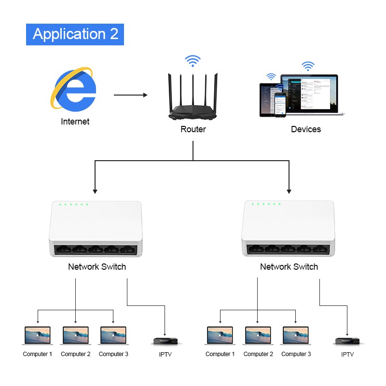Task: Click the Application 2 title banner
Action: coord(75,34)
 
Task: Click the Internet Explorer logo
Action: coord(74,88)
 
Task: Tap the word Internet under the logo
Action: coord(75,122)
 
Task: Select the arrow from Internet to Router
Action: coord(130,95)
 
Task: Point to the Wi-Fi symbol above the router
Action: coord(193,61)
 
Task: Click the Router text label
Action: coord(193,129)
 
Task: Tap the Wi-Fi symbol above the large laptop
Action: coord(308,66)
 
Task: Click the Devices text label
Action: coord(306,129)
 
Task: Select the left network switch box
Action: coord(96,229)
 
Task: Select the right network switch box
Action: coord(288,229)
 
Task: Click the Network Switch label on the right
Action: coord(289,267)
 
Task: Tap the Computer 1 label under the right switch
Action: coord(220,354)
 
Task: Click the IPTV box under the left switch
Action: coord(165,341)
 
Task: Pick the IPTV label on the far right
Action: coord(347,354)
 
